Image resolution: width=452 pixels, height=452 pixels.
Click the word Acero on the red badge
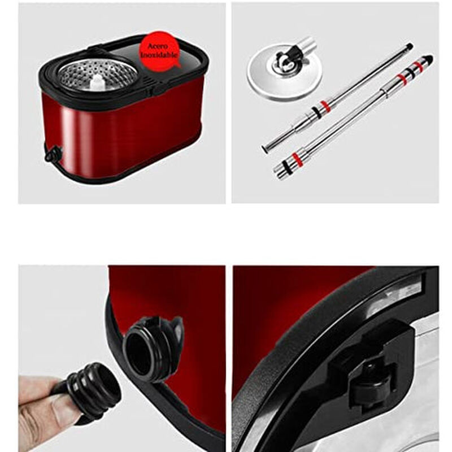pyautogui.click(x=160, y=45)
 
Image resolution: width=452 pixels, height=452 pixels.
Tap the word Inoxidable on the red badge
pyautogui.click(x=160, y=55)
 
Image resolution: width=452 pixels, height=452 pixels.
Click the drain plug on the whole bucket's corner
pyautogui.click(x=53, y=153)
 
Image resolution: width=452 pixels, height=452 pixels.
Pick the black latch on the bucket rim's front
pyautogui.click(x=160, y=89)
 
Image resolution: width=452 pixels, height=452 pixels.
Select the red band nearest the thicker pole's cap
pyautogui.click(x=419, y=66)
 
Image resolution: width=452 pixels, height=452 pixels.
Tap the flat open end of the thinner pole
pyautogui.click(x=264, y=149)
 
